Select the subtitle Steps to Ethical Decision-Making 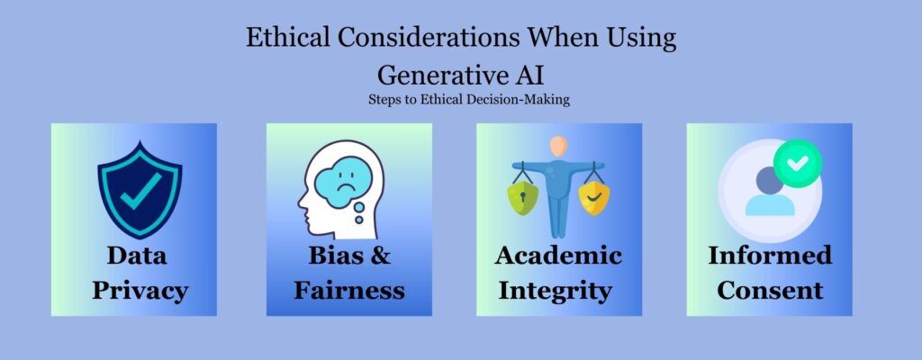tap(468, 99)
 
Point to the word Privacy tap(132, 290)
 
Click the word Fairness tap(349, 290)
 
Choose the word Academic tap(558, 256)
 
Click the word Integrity tap(556, 290)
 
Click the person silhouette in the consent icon tap(771, 191)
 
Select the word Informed tap(770, 256)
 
